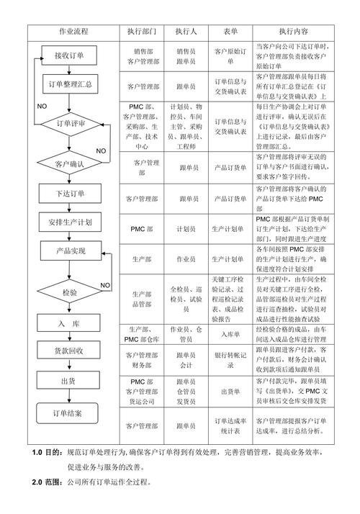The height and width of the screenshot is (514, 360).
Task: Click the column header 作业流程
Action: (x=74, y=32)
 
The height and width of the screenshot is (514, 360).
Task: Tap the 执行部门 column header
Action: (x=142, y=32)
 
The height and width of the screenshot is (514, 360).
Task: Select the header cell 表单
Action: (x=230, y=32)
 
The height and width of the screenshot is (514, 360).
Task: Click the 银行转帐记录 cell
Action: (x=230, y=360)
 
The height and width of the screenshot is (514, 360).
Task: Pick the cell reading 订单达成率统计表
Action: (x=230, y=425)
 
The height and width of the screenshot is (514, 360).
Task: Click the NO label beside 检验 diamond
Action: (x=105, y=285)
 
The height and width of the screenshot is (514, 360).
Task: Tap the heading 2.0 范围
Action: (x=48, y=501)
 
